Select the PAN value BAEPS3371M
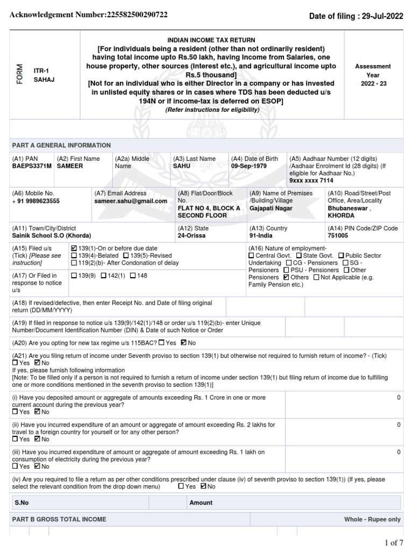(x=32, y=167)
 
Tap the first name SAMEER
(x=70, y=167)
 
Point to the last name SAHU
(x=181, y=167)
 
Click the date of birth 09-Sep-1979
(x=249, y=167)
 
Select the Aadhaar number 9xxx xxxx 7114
(x=311, y=182)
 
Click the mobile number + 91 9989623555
(x=36, y=201)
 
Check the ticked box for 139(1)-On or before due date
(x=74, y=248)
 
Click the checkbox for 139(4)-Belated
(x=74, y=255)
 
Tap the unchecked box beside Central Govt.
(x=251, y=256)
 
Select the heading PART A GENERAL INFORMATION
(x=61, y=145)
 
